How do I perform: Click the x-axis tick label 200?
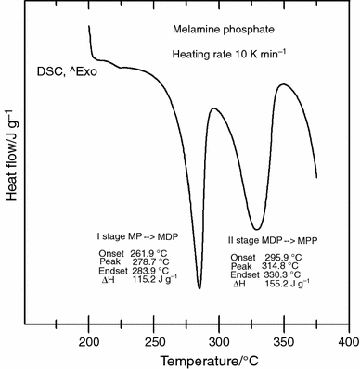point(89,342)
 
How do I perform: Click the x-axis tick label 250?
point(154,342)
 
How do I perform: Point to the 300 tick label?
point(219,342)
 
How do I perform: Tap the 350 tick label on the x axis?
point(283,342)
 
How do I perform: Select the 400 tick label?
point(347,342)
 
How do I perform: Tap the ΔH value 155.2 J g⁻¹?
point(283,283)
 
